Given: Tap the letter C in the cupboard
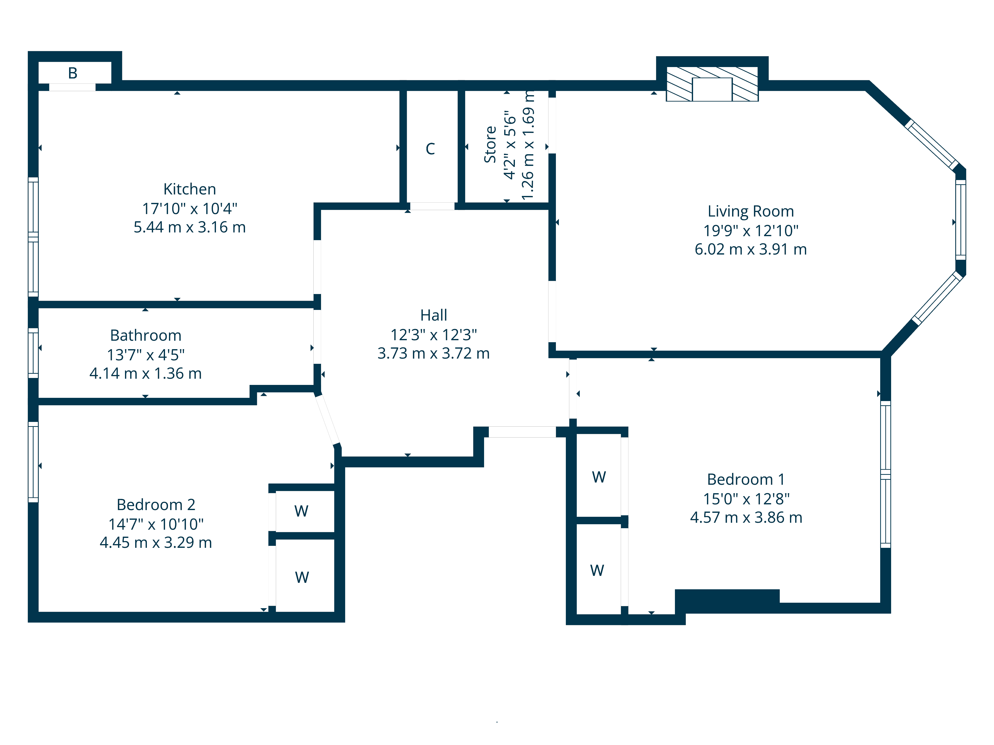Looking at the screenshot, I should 430,149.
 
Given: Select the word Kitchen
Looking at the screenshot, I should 190,189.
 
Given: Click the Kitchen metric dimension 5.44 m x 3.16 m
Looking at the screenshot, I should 190,227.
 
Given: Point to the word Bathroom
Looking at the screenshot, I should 146,335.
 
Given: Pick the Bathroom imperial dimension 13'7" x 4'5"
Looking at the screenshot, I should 146,355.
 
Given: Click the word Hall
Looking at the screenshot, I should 434,315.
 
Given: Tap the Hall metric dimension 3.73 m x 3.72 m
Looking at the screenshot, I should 434,353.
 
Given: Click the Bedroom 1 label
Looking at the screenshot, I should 746,479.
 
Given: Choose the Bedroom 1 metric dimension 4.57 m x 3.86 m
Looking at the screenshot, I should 746,517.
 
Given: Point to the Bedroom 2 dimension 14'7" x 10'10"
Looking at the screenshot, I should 156,524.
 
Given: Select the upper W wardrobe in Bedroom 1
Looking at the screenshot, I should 599,477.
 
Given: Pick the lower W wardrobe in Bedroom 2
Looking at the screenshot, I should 302,577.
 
